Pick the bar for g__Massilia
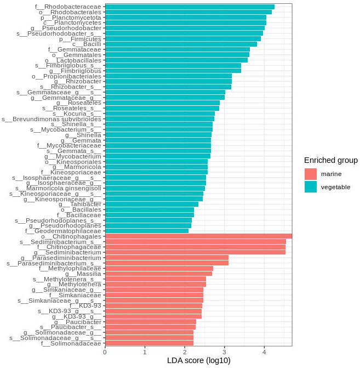click(158, 274)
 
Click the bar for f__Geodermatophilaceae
click(146, 231)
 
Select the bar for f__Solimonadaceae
click(149, 343)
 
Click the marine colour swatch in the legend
click(310, 174)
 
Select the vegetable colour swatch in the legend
click(310, 187)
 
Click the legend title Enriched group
click(331, 160)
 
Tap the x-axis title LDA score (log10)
click(198, 360)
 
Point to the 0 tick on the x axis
click(105, 352)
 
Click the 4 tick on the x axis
click(264, 352)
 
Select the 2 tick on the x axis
click(185, 352)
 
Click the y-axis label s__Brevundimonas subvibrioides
click(52, 118)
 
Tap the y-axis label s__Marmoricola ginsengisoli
click(56, 188)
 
